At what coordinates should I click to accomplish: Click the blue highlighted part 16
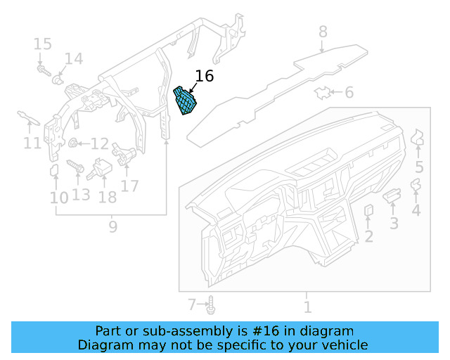coord(186,102)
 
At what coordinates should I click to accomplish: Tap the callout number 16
coord(204,77)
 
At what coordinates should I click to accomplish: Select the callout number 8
coord(323,32)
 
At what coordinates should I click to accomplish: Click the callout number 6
coord(349,93)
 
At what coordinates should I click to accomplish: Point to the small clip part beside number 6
coord(323,93)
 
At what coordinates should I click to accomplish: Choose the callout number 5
coord(419,167)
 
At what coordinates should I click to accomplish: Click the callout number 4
coord(416,210)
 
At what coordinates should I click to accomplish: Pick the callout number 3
coord(394,224)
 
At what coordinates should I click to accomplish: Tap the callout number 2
coord(368,236)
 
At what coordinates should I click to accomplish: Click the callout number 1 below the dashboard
coord(307,307)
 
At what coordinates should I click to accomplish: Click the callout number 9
coord(112,226)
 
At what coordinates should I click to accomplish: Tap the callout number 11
coord(32,143)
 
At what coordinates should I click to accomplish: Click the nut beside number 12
coord(72,144)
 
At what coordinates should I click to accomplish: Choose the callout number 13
coord(81,193)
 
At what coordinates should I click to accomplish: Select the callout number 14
coord(74,58)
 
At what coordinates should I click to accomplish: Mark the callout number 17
coord(129,186)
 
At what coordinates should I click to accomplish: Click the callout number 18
coord(107,197)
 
